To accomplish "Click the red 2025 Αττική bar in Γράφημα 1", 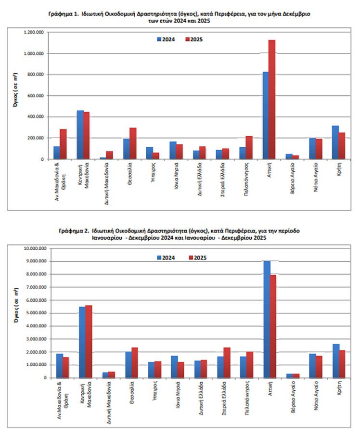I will (272, 100).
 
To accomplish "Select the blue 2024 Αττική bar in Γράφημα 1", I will (266, 116).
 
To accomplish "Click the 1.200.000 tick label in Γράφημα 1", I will (34, 32).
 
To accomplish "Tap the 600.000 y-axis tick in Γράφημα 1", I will (36, 96).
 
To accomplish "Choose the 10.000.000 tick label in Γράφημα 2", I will (35, 248).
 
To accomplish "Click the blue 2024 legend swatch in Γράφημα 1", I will (159, 39).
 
